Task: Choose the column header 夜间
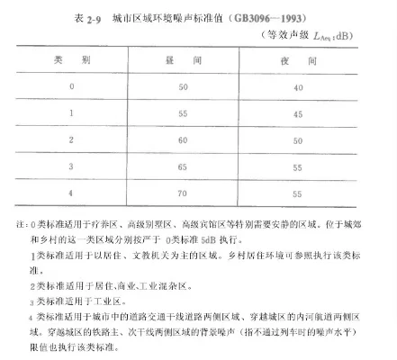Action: click(x=307, y=58)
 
